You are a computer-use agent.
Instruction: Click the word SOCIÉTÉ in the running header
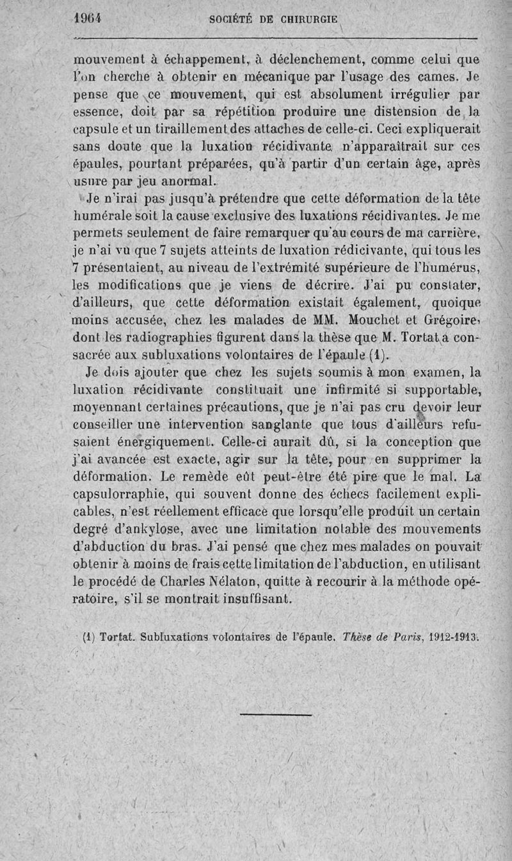coord(234,19)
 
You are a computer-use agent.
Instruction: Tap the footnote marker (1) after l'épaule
coord(377,354)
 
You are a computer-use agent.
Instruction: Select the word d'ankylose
coord(148,530)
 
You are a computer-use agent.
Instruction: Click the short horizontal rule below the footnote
coord(276,712)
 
